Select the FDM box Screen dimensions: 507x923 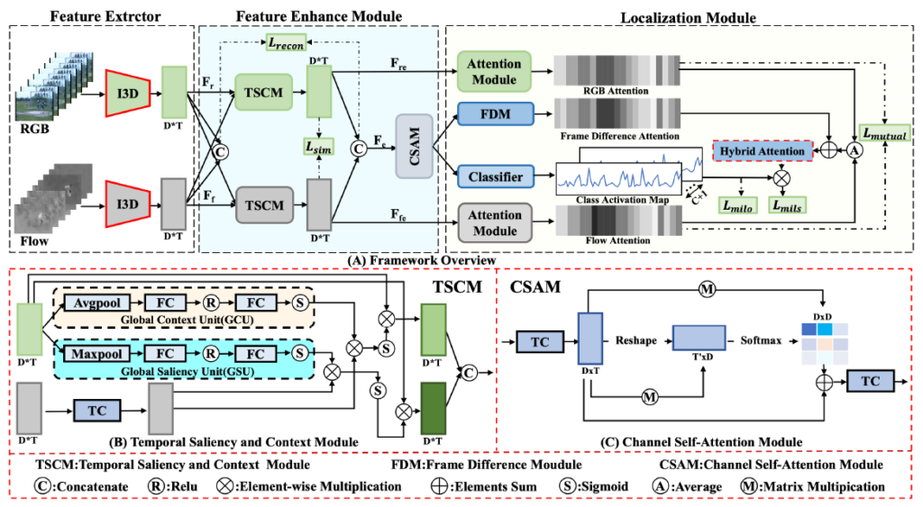[x=494, y=113]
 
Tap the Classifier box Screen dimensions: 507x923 [x=494, y=177]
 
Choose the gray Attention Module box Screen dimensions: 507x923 [x=494, y=222]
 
